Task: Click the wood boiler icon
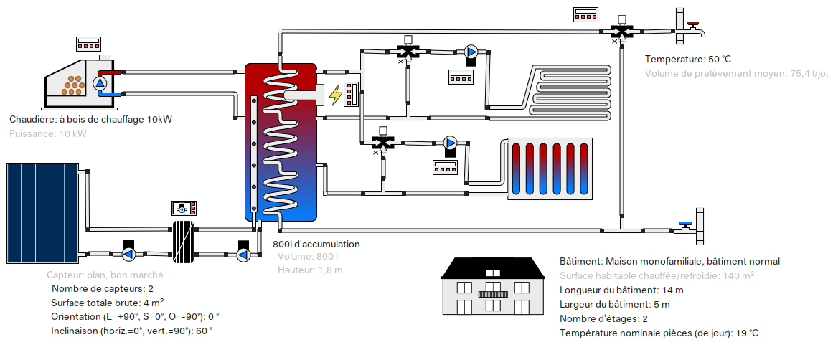[72, 80]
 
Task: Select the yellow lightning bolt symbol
[335, 94]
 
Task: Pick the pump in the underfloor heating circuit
[471, 52]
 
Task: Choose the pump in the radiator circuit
[451, 143]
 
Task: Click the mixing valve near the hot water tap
[619, 31]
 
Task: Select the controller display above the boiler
[88, 43]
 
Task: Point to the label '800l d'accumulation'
[316, 244]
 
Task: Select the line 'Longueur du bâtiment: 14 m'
[621, 290]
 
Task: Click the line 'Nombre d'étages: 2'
[603, 318]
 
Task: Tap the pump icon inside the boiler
[100, 83]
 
